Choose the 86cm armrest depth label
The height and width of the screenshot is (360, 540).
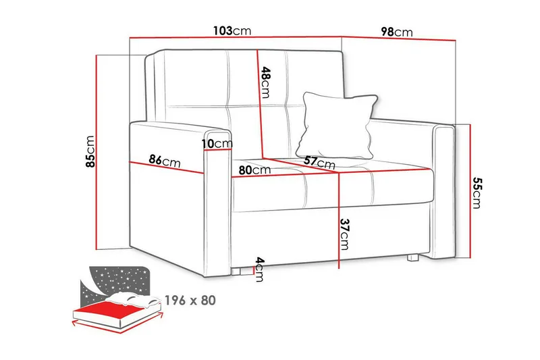tap(164, 161)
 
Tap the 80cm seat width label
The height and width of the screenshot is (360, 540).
tap(254, 170)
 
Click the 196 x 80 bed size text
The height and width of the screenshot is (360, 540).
tap(190, 300)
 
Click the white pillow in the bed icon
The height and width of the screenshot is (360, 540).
tap(132, 301)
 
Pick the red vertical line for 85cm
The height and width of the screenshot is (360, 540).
tap(99, 150)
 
